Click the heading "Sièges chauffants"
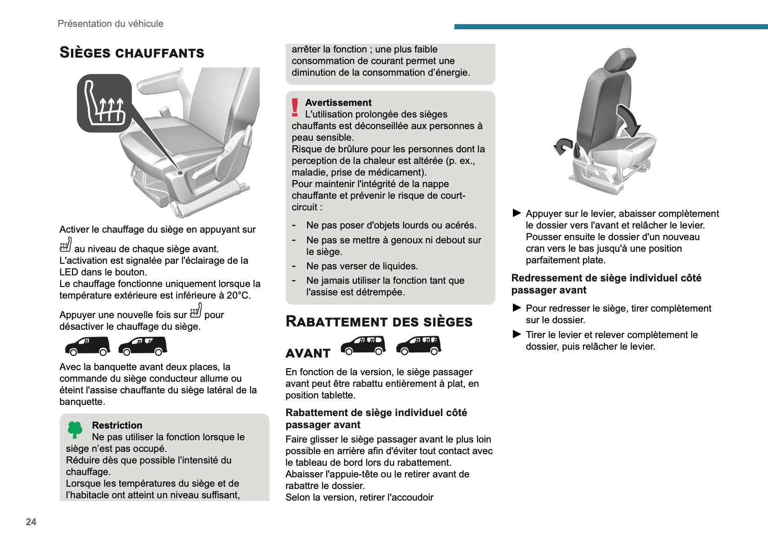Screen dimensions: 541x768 coord(132,52)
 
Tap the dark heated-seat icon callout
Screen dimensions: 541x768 coord(105,103)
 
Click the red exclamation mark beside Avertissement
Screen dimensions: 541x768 coord(295,108)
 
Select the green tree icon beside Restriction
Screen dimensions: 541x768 coord(75,430)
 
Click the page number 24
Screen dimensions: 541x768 coord(31,522)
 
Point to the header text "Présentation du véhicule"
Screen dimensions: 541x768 coord(111,24)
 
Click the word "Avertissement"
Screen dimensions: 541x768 coord(338,103)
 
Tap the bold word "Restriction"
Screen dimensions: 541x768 coord(117,425)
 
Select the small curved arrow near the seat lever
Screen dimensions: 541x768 coord(563,146)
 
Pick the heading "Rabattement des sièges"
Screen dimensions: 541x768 coord(379,321)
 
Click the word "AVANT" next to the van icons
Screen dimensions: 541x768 coord(308,353)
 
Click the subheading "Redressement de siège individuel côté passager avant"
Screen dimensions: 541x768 coord(606,284)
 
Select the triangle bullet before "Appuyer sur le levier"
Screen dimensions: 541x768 coord(517,213)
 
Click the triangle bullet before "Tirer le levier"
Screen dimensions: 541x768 coord(517,334)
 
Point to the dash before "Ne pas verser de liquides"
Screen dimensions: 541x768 coord(294,266)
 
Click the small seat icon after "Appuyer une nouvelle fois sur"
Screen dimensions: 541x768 coord(196,310)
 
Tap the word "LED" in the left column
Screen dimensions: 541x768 coord(68,272)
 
